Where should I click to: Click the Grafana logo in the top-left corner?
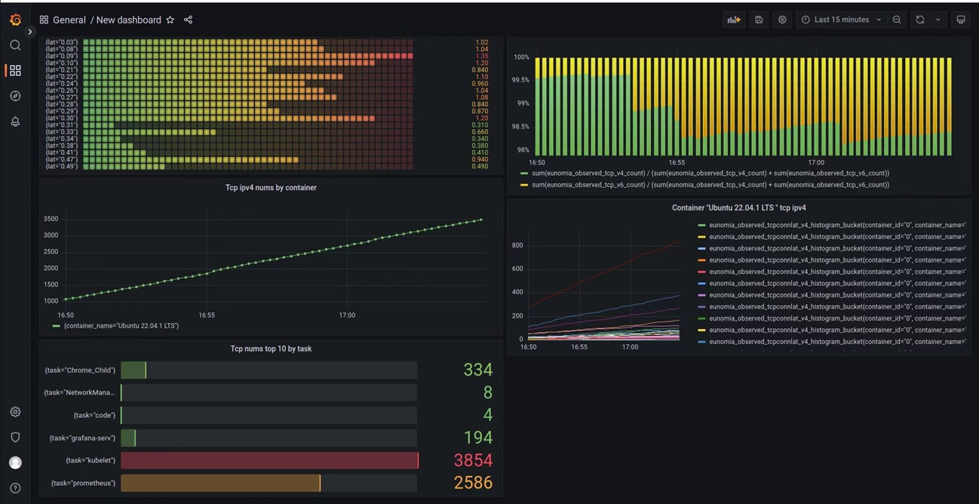[15, 20]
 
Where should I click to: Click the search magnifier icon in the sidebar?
[15, 45]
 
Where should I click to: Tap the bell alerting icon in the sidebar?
[15, 121]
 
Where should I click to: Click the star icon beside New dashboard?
[170, 20]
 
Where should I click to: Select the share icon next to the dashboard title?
[189, 20]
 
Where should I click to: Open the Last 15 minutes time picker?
[841, 20]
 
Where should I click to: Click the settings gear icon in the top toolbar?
[782, 20]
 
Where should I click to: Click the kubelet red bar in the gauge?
[269, 460]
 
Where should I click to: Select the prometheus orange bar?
[220, 483]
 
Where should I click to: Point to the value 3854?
[473, 460]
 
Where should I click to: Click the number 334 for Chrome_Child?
[477, 370]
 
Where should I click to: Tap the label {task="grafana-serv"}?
[82, 438]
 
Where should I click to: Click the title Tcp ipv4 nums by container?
[271, 188]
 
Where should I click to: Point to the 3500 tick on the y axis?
[51, 219]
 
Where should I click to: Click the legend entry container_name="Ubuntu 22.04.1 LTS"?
[121, 326]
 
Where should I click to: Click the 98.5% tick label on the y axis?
[520, 127]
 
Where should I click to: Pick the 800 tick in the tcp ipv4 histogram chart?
[517, 245]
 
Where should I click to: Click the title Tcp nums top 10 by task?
[271, 349]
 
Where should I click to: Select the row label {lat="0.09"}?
[61, 56]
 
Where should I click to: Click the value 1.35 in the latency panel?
[481, 56]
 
